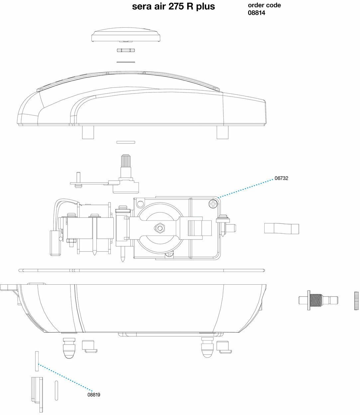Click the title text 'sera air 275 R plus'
pyautogui.click(x=174, y=6)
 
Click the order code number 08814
pyautogui.click(x=256, y=13)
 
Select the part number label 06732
pyautogui.click(x=281, y=178)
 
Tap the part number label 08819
pyautogui.click(x=94, y=395)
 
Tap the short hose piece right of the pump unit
pyautogui.click(x=282, y=229)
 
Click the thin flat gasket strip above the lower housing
pyautogui.click(x=141, y=270)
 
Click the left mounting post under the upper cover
pyautogui.click(x=87, y=132)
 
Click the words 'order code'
pyautogui.click(x=264, y=5)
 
